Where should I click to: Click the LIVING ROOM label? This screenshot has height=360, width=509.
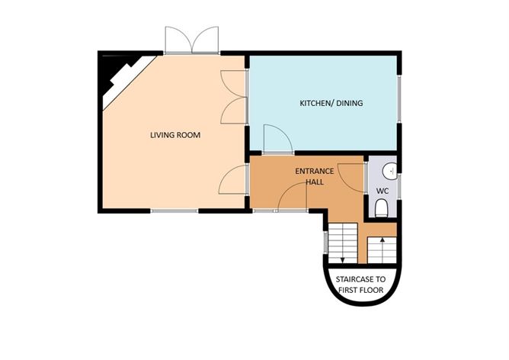click(174, 135)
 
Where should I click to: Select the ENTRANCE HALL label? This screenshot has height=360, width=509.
click(314, 176)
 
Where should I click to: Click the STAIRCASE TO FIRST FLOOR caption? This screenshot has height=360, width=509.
click(362, 284)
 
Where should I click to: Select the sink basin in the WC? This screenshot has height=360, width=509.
click(388, 170)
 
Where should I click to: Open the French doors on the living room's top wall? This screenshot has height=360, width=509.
click(192, 40)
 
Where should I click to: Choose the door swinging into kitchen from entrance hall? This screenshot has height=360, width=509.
click(276, 138)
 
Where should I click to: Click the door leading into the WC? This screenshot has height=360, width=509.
click(352, 176)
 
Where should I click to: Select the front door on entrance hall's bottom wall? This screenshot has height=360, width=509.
click(292, 198)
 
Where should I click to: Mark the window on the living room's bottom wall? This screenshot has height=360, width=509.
click(174, 210)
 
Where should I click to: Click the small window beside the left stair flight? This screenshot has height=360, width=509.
click(326, 243)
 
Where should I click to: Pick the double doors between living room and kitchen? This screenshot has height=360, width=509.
click(234, 97)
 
